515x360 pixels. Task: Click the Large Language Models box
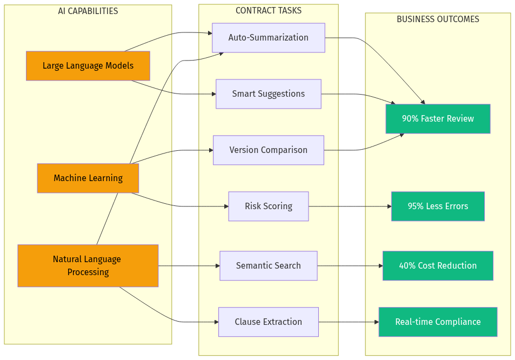(88, 66)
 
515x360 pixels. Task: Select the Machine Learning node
(88, 178)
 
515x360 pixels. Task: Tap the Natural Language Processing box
(88, 265)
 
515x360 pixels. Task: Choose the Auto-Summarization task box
(268, 38)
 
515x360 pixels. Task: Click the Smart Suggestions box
(268, 94)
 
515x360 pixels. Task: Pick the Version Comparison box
(268, 150)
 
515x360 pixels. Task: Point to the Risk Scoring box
(268, 206)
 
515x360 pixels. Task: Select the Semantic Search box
(268, 266)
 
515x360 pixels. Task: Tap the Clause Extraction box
(268, 322)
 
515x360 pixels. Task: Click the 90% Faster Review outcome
(438, 119)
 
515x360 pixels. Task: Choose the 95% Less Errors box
(438, 206)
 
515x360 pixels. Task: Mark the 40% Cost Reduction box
(438, 266)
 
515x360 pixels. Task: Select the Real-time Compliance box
(438, 322)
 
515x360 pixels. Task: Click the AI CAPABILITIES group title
(88, 11)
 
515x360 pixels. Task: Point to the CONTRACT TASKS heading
(268, 11)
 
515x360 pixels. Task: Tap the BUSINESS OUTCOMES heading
(438, 19)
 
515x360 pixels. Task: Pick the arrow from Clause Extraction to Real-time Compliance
(349, 322)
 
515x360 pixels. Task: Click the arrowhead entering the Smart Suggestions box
(213, 94)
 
